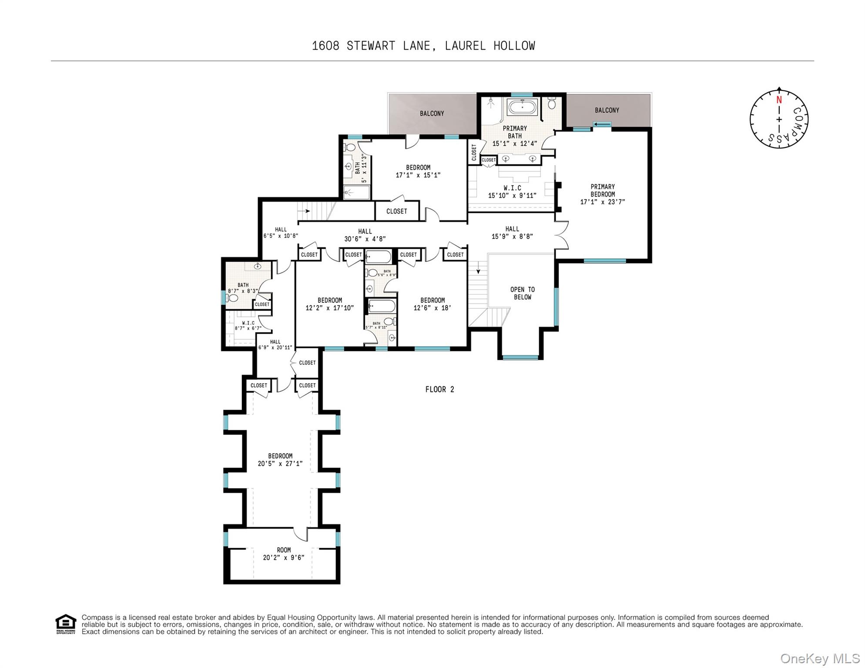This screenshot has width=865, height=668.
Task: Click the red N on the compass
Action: [x=779, y=100]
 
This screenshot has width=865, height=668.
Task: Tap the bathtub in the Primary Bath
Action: [x=522, y=107]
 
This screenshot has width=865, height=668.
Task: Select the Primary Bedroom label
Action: [x=603, y=194]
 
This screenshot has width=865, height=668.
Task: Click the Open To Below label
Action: [x=523, y=293]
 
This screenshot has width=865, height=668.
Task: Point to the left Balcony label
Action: [x=432, y=114]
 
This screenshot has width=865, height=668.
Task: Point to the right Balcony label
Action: [x=607, y=110]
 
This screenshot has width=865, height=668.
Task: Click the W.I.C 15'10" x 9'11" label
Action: [x=512, y=192]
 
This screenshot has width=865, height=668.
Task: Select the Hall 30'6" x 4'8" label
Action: [x=365, y=235]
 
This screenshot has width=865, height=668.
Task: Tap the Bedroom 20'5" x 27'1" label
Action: [x=280, y=460]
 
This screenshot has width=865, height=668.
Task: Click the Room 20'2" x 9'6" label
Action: [x=284, y=554]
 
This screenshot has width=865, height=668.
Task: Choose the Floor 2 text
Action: [x=439, y=389]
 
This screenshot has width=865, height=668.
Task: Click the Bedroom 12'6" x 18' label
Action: [x=432, y=304]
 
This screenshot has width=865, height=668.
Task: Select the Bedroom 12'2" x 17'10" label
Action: [x=329, y=304]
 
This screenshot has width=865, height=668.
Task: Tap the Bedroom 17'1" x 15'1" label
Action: [x=418, y=171]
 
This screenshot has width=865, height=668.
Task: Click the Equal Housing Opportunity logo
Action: [x=66, y=624]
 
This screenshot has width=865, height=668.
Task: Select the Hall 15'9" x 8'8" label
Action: [x=512, y=233]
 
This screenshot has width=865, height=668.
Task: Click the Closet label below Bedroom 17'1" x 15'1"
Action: [x=396, y=211]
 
